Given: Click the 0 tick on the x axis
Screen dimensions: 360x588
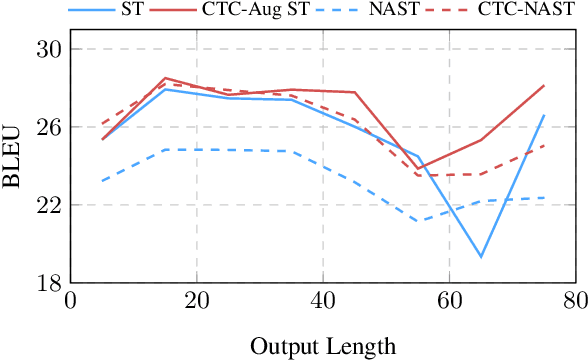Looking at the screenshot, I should point(70,300).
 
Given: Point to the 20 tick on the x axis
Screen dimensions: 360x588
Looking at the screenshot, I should point(196,300).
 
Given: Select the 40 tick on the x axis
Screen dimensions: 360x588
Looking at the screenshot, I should point(322,300).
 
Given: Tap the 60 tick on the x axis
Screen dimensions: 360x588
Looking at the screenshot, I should point(449,300).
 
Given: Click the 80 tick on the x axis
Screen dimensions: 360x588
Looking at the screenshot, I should point(575,300).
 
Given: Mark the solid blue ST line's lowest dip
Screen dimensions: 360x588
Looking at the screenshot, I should point(481,257).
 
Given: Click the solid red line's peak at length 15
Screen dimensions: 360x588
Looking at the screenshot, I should point(165,78).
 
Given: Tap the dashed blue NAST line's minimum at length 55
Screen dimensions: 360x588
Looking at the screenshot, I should point(417,221).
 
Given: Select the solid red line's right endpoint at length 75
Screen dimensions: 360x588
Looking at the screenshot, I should point(544,86).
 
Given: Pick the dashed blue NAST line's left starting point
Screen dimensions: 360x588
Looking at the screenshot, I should point(102,181).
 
